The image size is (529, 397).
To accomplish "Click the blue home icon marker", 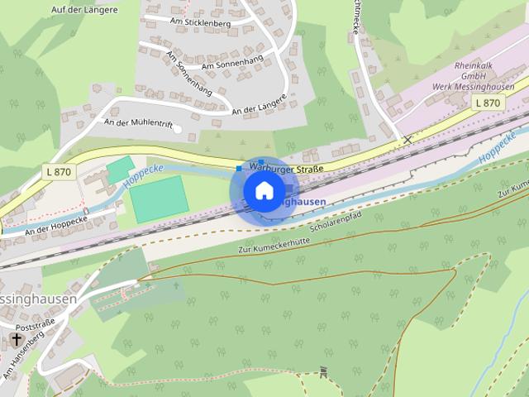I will (x=264, y=191).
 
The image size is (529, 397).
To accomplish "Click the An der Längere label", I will (x=259, y=105).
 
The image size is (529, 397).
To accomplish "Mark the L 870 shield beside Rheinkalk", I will (x=488, y=103).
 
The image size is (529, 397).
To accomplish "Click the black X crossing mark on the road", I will (x=407, y=140).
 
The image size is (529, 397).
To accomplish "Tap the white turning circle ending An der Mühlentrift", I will (x=177, y=128).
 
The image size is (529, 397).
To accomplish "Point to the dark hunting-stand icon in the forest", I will (x=323, y=373).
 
